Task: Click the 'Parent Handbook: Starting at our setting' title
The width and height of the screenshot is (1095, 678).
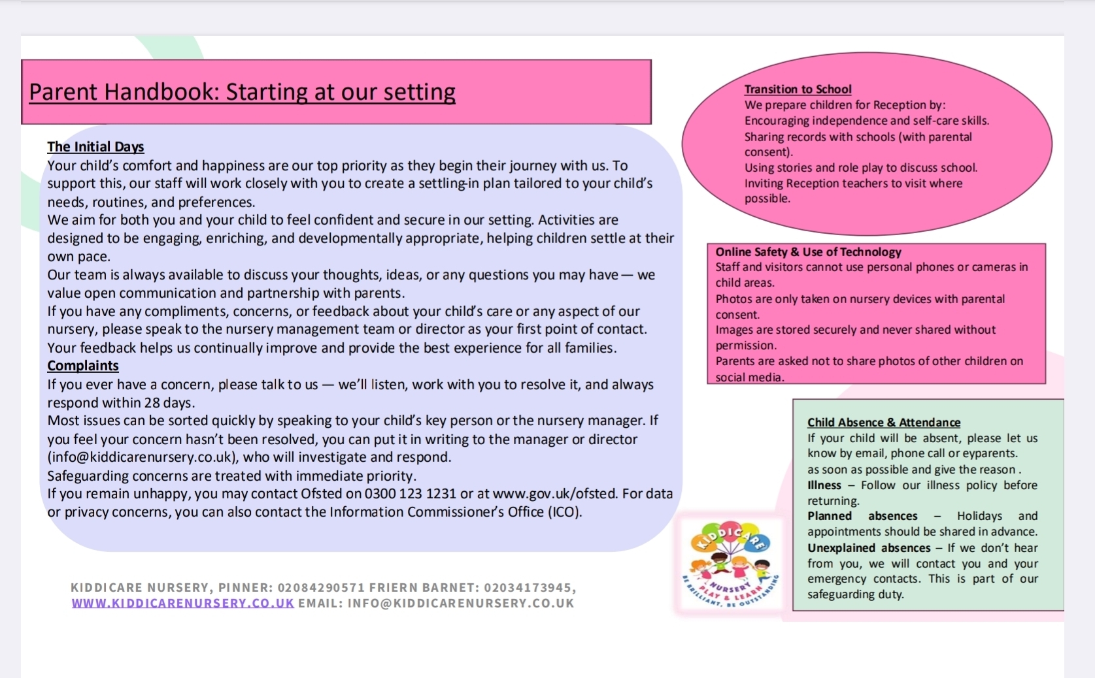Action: tap(242, 92)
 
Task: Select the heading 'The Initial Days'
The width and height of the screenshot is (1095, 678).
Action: tap(95, 146)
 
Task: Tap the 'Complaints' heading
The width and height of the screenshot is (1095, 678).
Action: tap(83, 365)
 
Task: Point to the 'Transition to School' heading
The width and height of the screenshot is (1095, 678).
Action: tap(798, 89)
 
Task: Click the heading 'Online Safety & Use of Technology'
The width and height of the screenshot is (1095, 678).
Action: tap(808, 251)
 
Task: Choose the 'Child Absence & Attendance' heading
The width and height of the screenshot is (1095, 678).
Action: tap(883, 422)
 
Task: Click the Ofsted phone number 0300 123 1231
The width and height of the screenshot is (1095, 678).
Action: tap(411, 493)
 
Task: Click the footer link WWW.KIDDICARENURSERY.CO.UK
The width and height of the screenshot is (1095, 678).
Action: tap(183, 603)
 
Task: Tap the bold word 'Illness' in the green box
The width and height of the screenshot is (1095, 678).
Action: tap(824, 485)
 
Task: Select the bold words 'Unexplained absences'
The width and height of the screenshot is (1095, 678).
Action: tap(869, 548)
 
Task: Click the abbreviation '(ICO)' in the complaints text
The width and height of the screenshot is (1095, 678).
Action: tap(564, 511)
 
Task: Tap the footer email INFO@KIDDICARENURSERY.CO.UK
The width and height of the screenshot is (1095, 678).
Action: tap(461, 603)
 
